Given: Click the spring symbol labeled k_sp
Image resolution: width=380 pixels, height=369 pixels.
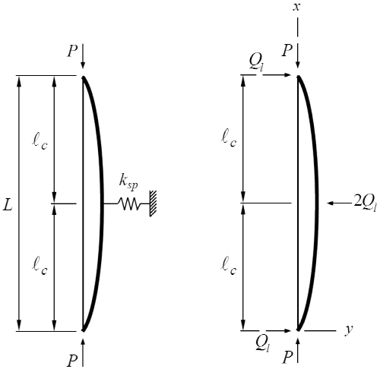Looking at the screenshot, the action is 128,203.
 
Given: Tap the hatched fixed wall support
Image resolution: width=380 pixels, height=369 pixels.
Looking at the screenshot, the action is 153,203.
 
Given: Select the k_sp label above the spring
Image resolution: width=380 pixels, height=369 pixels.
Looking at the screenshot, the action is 128,182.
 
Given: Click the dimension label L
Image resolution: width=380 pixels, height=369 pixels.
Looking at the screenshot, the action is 8,205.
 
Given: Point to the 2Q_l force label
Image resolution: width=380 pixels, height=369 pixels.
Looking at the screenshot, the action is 365,203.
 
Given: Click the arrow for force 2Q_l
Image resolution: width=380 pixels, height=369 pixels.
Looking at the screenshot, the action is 340,203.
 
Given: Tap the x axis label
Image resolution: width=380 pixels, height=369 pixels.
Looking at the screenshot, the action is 296,7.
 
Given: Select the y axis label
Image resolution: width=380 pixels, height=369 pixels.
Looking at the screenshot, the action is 349,330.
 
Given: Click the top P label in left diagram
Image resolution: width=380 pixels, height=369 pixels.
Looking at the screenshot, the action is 72,52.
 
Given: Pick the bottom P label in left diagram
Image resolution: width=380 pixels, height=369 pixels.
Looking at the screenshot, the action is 72,361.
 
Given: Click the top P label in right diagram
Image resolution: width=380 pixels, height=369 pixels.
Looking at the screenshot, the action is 287,51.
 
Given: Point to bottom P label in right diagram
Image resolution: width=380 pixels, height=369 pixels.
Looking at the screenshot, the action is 287,358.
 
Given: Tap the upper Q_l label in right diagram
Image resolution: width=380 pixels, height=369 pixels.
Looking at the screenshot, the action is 256,62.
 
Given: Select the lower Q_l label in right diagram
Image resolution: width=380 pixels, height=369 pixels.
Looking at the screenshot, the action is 262,344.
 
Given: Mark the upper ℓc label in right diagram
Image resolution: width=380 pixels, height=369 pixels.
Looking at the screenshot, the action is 229,138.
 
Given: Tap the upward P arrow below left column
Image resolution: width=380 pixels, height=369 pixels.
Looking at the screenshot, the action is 84,352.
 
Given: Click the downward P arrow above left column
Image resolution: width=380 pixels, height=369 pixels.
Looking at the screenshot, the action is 84,56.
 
